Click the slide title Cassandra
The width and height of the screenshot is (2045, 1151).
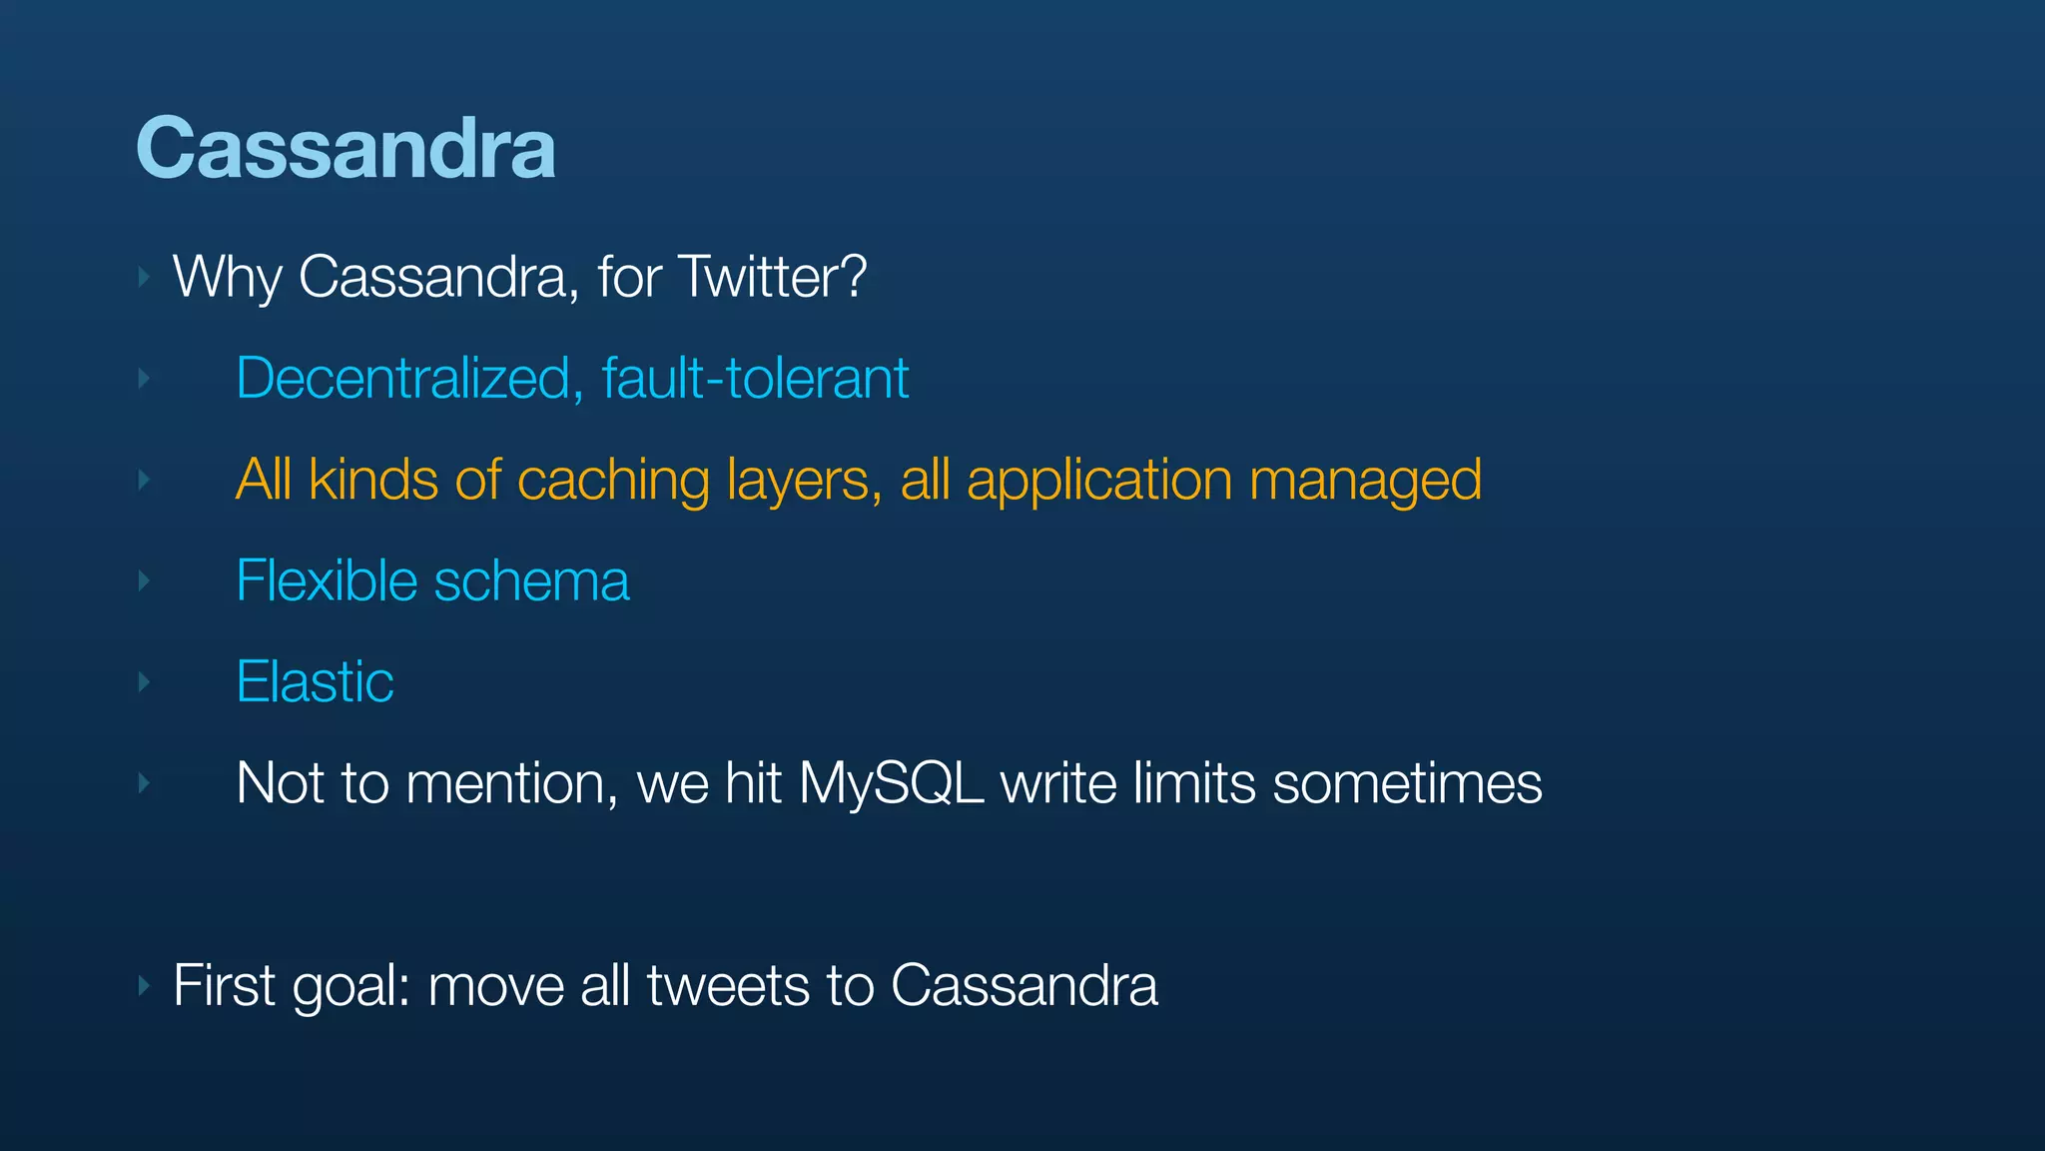pos(345,148)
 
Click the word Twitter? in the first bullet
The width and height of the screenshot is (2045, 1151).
pos(772,277)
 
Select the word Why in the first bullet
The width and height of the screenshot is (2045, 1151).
pos(227,277)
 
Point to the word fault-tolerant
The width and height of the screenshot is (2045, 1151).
pos(755,379)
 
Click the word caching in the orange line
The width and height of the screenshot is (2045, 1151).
pos(613,481)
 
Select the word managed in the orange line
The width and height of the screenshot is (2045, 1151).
pos(1365,481)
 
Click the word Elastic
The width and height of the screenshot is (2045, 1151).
pos(315,682)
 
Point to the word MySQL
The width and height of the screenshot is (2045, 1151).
pos(891,784)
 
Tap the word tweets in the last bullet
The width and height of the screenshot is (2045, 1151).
pos(728,986)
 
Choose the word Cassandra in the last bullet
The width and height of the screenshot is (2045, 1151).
pos(1023,986)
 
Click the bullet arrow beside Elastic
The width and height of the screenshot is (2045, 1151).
pos(144,682)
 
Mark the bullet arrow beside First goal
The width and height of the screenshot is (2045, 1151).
pos(144,986)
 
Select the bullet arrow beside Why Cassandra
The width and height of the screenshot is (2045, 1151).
pos(144,277)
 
